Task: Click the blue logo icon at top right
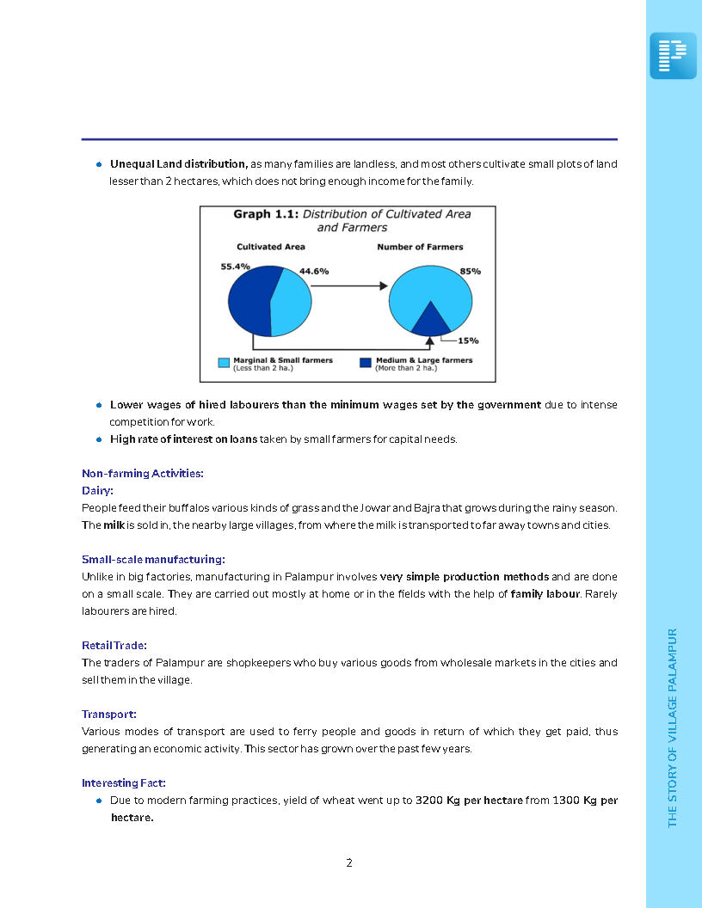(673, 56)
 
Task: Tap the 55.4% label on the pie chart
(235, 267)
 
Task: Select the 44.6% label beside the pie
(313, 271)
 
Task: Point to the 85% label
(470, 271)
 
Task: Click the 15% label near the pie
(468, 340)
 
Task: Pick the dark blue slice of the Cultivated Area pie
(249, 301)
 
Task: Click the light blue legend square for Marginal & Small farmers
(224, 363)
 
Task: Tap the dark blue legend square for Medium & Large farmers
(366, 363)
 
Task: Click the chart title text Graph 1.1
(265, 213)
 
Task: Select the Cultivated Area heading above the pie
(271, 247)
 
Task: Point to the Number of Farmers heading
(420, 247)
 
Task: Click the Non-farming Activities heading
(142, 473)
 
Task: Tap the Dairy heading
(97, 490)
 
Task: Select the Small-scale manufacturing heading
(153, 559)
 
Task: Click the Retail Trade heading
(114, 645)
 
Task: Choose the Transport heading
(109, 714)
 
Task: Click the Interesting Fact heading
(124, 782)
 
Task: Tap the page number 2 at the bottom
(349, 862)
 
